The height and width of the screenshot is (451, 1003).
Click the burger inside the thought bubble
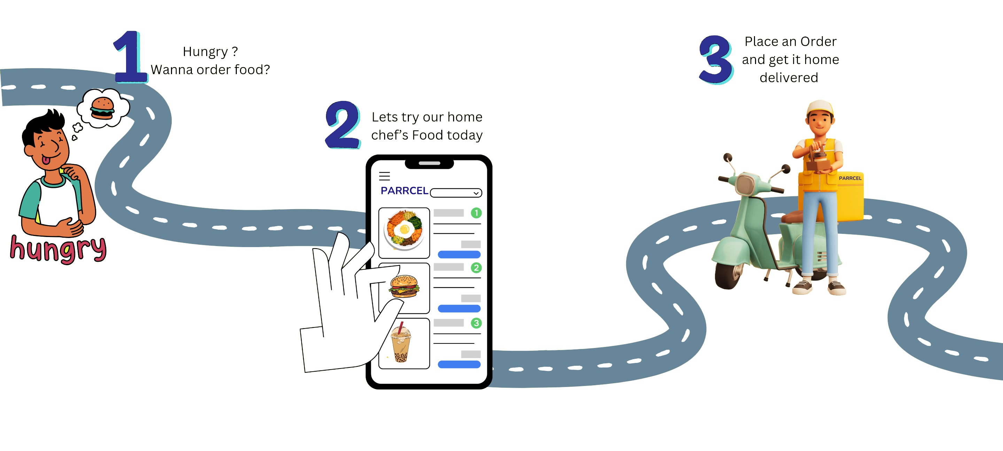(102, 108)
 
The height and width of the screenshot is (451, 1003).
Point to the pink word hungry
(59, 249)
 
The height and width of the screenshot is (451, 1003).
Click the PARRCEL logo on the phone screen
(404, 191)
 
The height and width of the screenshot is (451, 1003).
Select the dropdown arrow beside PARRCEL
(476, 193)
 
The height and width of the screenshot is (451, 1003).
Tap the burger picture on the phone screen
(404, 286)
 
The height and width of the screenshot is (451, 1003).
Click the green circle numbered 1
(476, 213)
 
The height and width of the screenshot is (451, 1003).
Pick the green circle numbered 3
(476, 323)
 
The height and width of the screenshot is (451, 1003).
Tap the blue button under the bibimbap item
(459, 254)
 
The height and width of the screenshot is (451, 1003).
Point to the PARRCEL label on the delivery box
(850, 178)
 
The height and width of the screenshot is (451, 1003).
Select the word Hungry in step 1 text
(205, 52)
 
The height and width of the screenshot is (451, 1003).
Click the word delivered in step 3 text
(788, 78)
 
